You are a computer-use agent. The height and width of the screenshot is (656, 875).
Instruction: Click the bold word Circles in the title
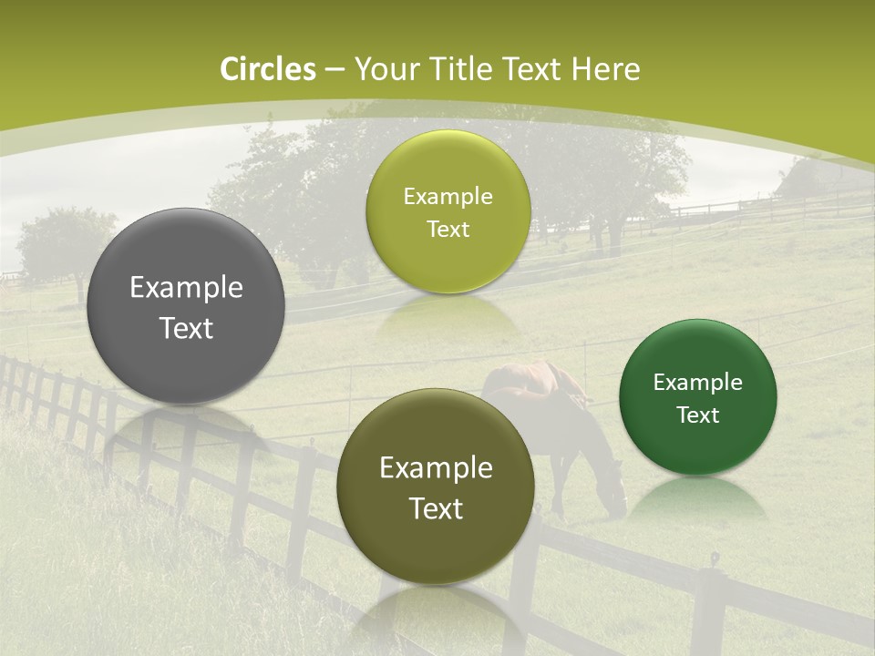(x=267, y=69)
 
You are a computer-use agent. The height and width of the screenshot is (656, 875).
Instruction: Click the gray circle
(x=186, y=307)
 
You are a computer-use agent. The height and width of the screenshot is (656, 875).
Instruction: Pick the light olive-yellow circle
(x=448, y=211)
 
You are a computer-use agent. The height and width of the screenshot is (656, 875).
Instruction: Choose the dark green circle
(x=697, y=397)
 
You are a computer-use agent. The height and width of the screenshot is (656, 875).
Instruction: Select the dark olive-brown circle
(x=436, y=487)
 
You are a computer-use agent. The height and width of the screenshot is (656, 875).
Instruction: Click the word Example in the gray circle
(x=186, y=288)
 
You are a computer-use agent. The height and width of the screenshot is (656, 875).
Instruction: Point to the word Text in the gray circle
(x=186, y=328)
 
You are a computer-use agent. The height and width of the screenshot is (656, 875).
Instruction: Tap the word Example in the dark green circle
(x=697, y=383)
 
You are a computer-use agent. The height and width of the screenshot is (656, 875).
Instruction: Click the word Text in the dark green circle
(x=697, y=415)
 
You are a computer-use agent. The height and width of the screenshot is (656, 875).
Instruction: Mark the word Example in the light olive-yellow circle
(x=448, y=197)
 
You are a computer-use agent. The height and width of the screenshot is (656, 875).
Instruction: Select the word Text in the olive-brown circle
(x=436, y=508)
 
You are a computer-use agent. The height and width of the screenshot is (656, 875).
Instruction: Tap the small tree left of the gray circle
(x=64, y=241)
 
